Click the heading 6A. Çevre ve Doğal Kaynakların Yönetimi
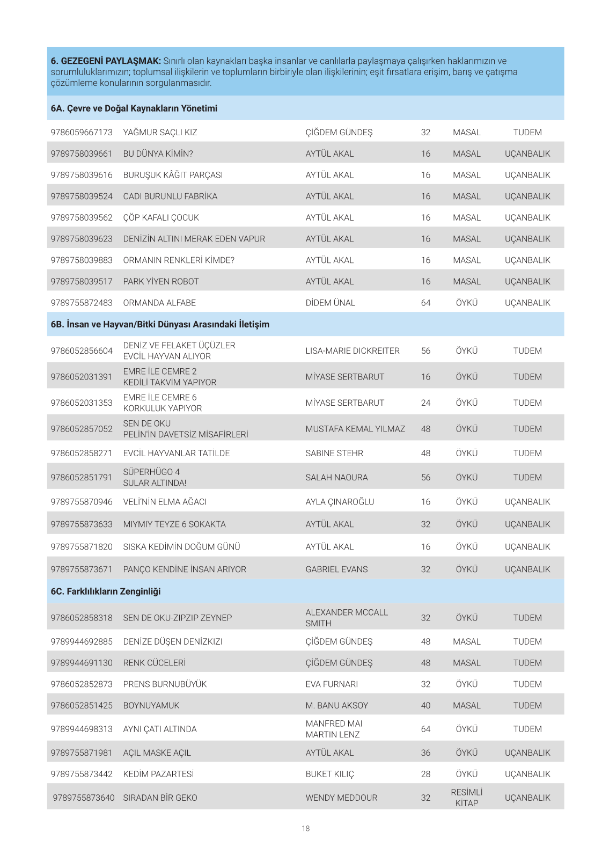134,108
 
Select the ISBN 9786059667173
82,133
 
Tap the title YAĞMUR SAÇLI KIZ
160,133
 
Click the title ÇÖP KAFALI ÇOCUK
161,218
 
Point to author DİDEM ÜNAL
330,303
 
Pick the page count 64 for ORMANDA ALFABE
425,303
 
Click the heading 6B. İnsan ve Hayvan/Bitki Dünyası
160,325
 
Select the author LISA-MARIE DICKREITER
353,351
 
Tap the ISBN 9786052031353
82,403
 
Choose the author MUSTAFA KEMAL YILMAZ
355,429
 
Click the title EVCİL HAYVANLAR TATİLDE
177,454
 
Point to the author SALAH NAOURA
336,478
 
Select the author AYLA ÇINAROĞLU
340,502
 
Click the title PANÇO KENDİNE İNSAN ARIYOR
185,569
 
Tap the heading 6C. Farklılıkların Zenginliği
106,591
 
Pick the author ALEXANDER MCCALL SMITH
347,618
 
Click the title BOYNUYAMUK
151,706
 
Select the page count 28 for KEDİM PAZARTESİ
425,774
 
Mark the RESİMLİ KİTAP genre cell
466,798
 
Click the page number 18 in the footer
305,829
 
